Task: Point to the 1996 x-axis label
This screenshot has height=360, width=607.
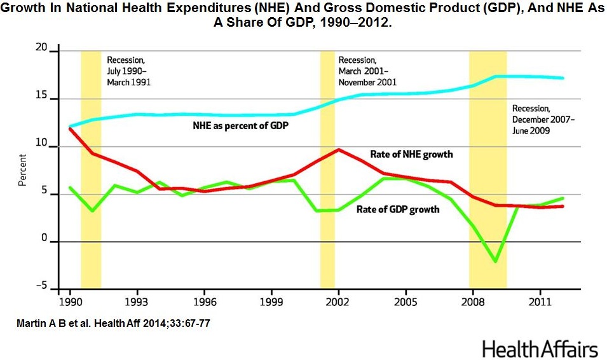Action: (203, 299)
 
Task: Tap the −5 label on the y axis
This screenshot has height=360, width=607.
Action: (40, 287)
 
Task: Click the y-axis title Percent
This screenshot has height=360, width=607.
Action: (22, 169)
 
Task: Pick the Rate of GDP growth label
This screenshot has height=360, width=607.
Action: (398, 209)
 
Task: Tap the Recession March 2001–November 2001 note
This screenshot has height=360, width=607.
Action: (367, 71)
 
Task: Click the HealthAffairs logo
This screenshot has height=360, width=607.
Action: (540, 349)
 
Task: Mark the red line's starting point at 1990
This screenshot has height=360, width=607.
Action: (69, 128)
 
